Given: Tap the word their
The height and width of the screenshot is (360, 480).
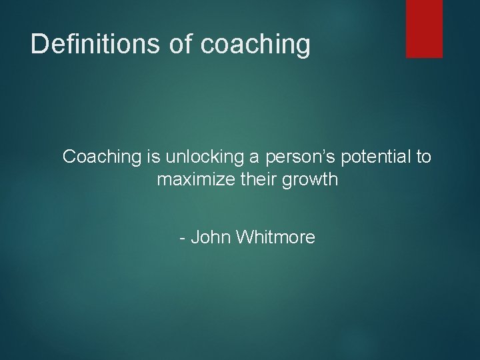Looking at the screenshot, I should pos(251,180).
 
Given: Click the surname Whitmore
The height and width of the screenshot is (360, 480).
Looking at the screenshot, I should pos(275,237).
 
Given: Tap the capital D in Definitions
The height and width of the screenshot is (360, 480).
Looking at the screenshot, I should pos(39,44).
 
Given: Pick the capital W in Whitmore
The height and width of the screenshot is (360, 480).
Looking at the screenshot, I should pos(244,237).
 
